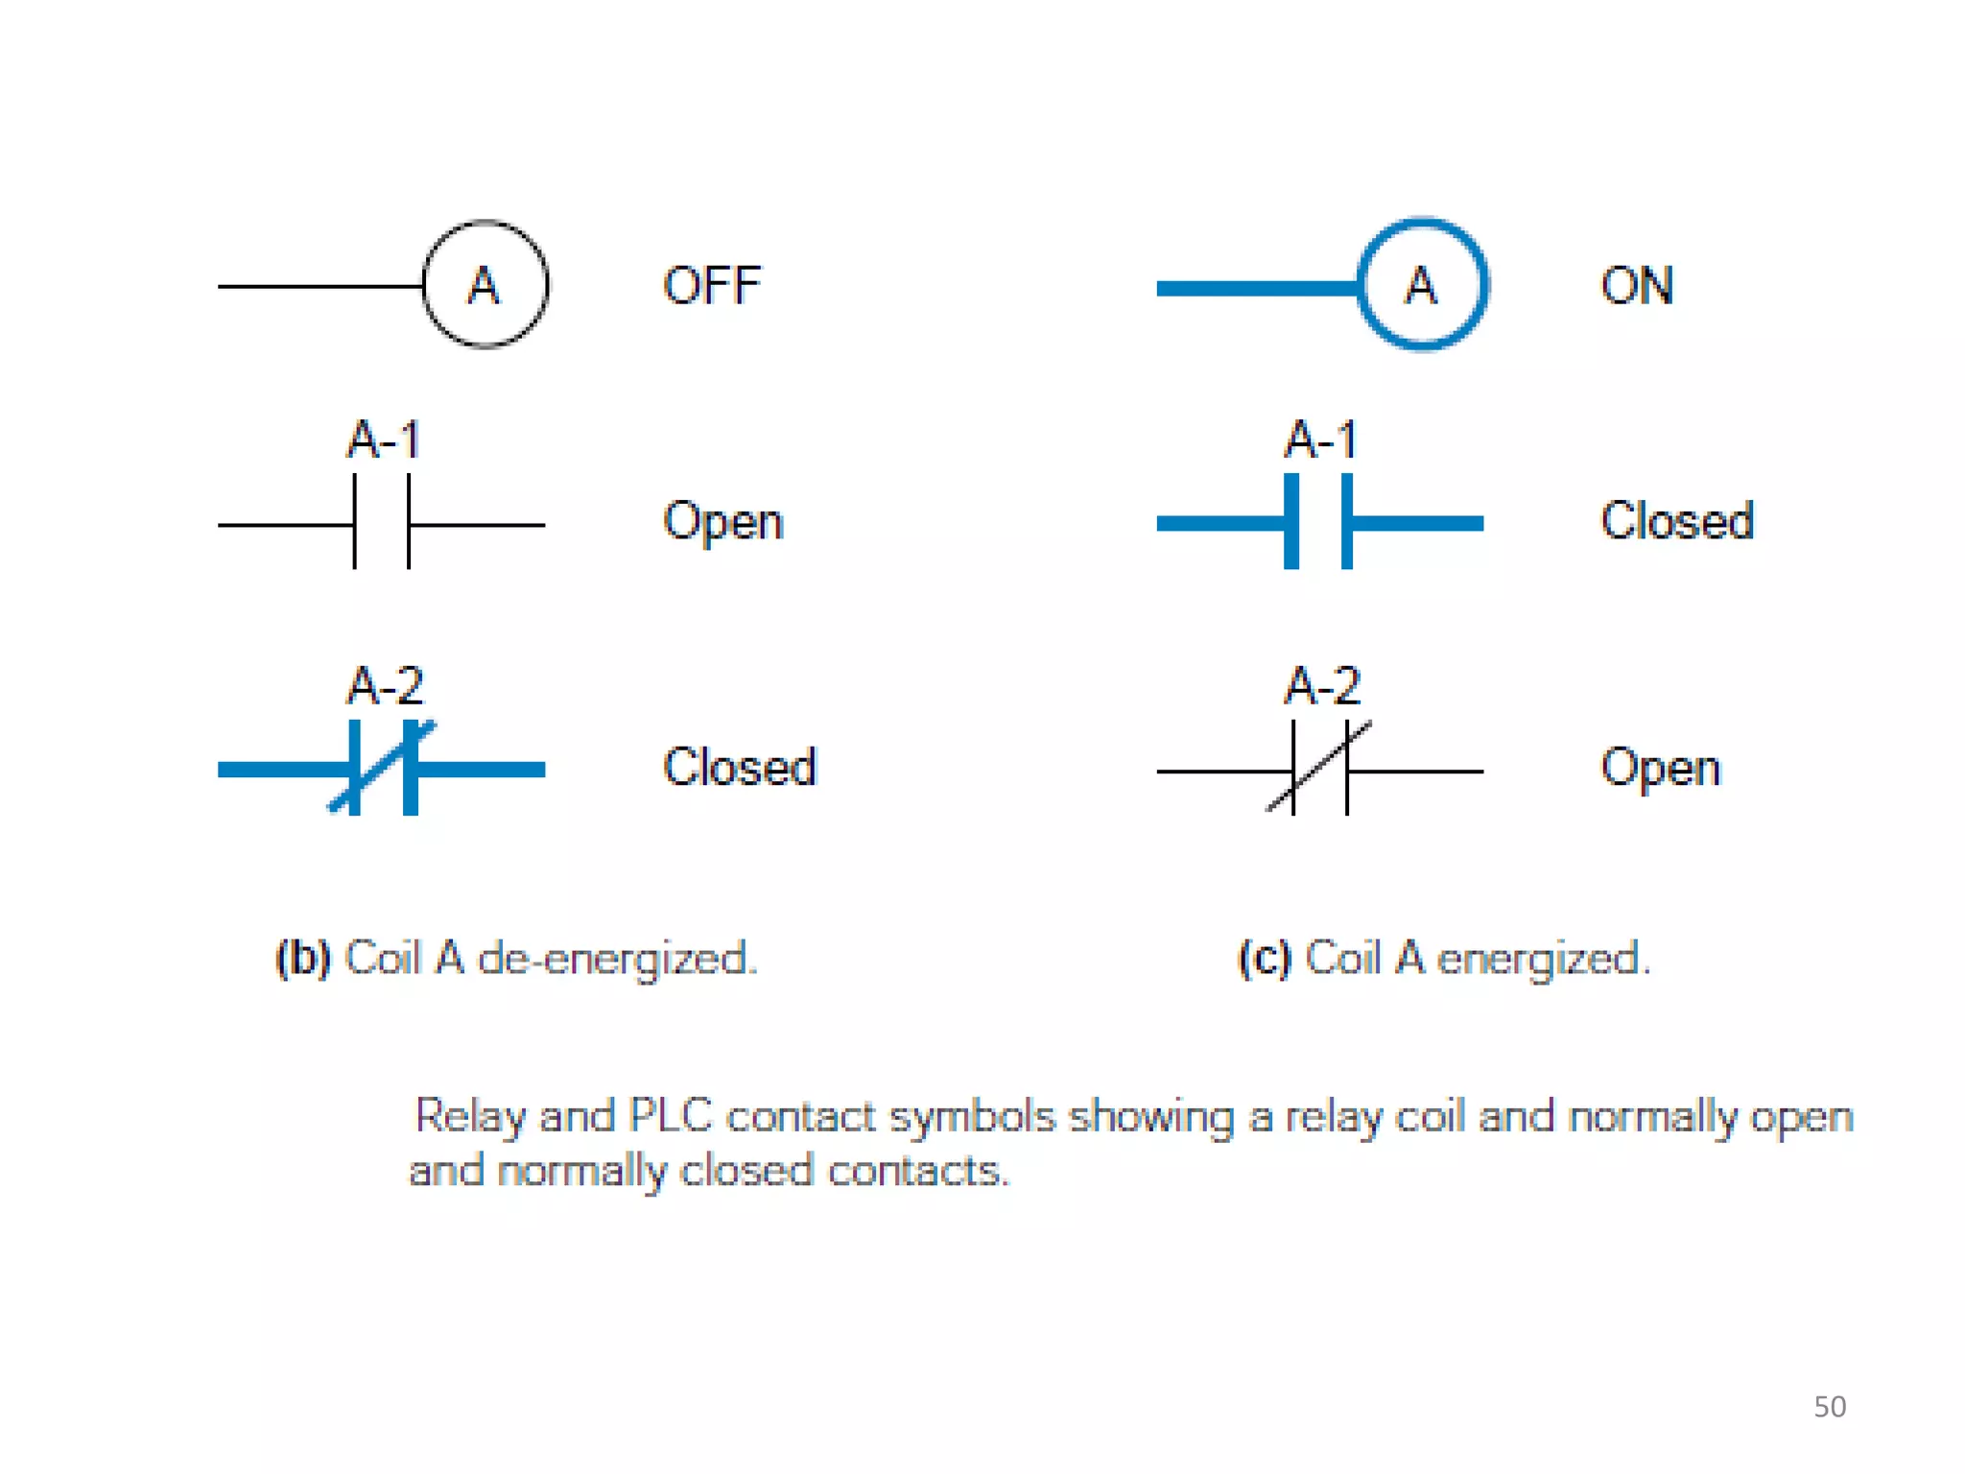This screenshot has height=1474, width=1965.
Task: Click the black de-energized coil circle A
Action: point(485,285)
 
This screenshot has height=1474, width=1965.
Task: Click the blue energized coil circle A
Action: point(1422,285)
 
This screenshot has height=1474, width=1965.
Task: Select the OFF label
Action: point(712,286)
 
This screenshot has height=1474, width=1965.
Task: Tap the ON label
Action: point(1637,286)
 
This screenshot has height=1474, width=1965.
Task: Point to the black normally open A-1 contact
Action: point(382,524)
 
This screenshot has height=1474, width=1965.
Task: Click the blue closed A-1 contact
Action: point(1319,523)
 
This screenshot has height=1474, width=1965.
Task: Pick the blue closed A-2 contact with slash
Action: point(383,768)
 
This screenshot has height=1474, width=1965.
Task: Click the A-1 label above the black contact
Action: point(384,440)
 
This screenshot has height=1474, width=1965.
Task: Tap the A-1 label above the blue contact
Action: point(1321,440)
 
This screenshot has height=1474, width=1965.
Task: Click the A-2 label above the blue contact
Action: point(385,686)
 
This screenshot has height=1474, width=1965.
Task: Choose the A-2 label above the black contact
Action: point(1322,686)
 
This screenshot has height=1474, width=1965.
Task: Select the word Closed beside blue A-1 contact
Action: point(1677,521)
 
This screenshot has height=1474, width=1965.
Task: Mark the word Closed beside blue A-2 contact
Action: point(740,768)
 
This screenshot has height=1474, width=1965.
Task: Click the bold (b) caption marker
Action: point(303,959)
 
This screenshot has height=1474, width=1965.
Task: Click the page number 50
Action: point(1830,1407)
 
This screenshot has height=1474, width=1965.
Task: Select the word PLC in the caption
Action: point(670,1116)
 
